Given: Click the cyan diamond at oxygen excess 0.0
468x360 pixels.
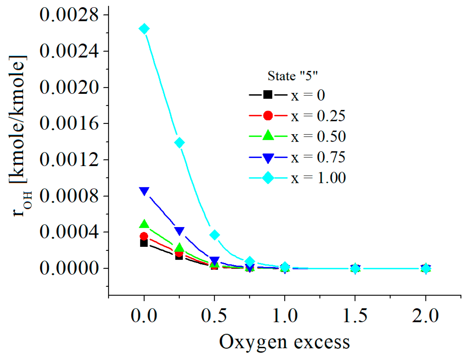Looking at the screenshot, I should pos(144,29).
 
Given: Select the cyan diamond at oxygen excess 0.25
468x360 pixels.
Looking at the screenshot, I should pos(179,143).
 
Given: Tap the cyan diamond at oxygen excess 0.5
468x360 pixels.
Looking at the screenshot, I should pos(214,235).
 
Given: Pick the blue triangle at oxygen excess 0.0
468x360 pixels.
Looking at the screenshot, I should pos(144,191).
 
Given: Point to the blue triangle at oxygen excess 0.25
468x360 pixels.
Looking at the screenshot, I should pos(179,231).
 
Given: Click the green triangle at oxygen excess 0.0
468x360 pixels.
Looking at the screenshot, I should pos(144,224).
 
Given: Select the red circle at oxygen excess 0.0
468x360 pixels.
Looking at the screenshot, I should pos(144,236).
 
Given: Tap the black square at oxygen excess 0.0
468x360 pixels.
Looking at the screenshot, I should pos(144,243).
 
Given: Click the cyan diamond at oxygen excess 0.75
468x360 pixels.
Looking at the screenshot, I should pos(249,261).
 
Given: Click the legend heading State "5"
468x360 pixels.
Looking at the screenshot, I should pos(293,76).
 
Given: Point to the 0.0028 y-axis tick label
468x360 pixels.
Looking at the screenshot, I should pos(69,15).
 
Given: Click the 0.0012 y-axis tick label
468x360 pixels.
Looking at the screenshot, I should pos(69,160).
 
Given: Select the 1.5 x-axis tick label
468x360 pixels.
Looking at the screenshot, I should pos(355,315).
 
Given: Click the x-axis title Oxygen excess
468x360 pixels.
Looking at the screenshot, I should pos(284,342).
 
